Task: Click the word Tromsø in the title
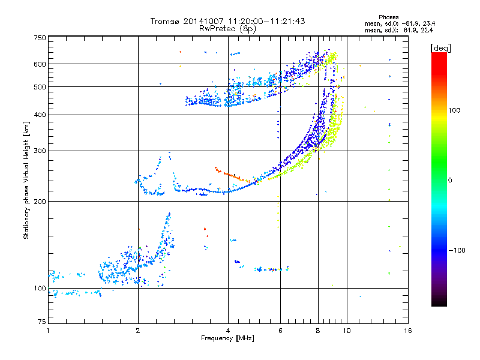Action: [x=165, y=21]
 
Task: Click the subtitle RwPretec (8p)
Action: [x=227, y=29]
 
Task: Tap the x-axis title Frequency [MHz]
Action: [x=227, y=338]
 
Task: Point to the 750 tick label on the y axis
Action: [x=40, y=38]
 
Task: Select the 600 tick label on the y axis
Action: [x=40, y=64]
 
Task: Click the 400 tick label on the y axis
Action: [x=40, y=115]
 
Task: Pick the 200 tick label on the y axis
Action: [x=40, y=202]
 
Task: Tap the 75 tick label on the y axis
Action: [x=42, y=322]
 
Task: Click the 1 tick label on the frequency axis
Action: [x=48, y=331]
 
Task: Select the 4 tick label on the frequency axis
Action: [x=228, y=331]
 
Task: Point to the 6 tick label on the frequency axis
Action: [x=280, y=331]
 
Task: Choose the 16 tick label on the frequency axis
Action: [x=408, y=331]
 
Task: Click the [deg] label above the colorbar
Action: [x=440, y=48]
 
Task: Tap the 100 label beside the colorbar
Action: [x=454, y=110]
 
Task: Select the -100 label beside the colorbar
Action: [x=457, y=250]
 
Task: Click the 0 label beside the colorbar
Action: [x=450, y=181]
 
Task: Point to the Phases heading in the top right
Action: [x=388, y=17]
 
